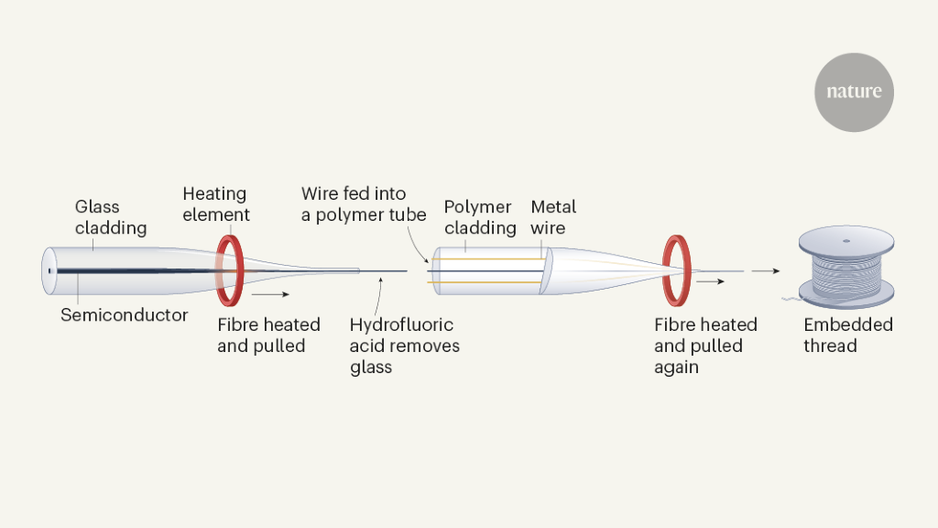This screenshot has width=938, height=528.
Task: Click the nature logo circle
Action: [x=854, y=93]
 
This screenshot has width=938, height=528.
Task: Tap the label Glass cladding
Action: [x=110, y=217]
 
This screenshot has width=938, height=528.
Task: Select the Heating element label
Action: [x=215, y=204]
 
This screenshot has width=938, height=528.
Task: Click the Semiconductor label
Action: [x=125, y=315]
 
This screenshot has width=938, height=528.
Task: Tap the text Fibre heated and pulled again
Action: [x=705, y=346]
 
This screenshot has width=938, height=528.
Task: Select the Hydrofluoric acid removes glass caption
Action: [x=404, y=346]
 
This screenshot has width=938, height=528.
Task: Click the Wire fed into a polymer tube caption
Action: [x=364, y=204]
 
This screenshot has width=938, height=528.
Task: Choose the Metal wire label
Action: [x=553, y=217]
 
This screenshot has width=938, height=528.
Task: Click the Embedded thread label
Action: [x=847, y=335]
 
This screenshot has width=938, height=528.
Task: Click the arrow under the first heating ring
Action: [x=272, y=295]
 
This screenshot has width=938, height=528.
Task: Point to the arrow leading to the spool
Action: [x=766, y=270]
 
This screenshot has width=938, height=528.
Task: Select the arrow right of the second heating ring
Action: [x=710, y=281]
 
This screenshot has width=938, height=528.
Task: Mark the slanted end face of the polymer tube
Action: [x=543, y=270]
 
